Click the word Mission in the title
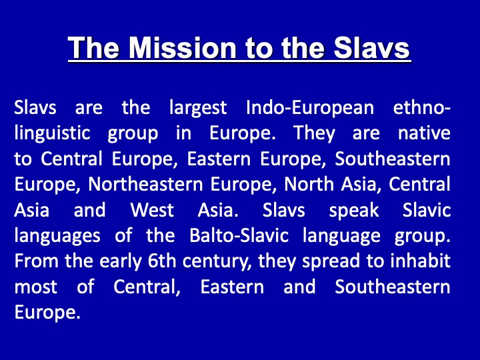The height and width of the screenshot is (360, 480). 183,48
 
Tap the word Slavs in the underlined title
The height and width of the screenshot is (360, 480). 371,48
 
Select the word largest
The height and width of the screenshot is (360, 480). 198,109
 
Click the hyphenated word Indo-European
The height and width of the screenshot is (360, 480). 310,109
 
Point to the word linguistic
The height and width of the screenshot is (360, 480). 53,134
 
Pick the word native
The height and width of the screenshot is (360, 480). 424,133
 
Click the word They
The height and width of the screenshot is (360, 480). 315,134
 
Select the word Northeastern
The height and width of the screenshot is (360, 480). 145,184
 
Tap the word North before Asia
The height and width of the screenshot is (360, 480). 309,184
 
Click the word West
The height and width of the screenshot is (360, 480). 152,210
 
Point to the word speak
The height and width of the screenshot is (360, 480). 354,211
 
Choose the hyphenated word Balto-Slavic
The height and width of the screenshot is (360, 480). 239,235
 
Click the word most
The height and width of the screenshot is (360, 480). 36,287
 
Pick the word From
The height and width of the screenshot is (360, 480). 37,261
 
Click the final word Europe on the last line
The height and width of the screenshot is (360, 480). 47,313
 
